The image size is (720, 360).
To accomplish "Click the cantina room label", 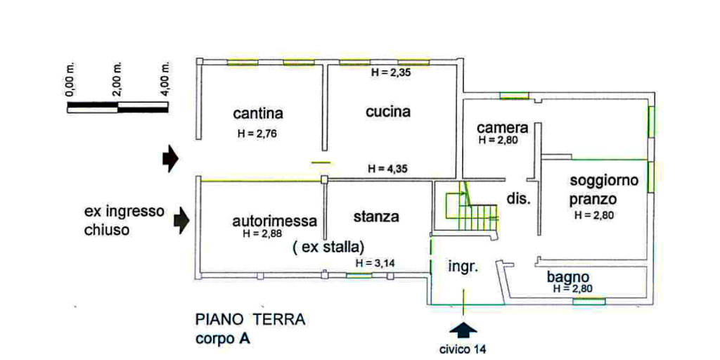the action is point(257,113).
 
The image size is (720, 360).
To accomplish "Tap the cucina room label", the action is point(388,112).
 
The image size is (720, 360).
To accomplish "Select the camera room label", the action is point(503,127).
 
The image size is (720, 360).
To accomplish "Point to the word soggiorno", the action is point(604,181).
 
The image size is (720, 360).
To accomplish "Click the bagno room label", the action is point(568,277).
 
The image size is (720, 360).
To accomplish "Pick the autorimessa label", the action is point(275,221).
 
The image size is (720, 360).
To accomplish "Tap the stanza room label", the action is point(376,217).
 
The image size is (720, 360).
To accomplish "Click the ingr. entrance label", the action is point(463,266).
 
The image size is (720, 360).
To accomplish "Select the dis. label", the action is point(518,200).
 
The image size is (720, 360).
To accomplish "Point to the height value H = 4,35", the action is point(388,169).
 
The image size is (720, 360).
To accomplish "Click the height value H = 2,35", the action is point(390,72).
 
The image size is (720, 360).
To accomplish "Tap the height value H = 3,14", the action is point(375,263).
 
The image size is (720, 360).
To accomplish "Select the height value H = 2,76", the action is point(257,134).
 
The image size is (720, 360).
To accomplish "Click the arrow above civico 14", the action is point(463,331).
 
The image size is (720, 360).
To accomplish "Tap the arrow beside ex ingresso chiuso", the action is point(181,219).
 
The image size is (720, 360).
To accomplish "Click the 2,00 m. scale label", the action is point(117,79).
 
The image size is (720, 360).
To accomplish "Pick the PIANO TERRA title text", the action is point(250,320).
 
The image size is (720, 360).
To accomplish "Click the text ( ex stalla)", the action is point(328,248).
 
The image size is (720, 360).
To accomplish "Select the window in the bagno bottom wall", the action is point(589,302).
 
